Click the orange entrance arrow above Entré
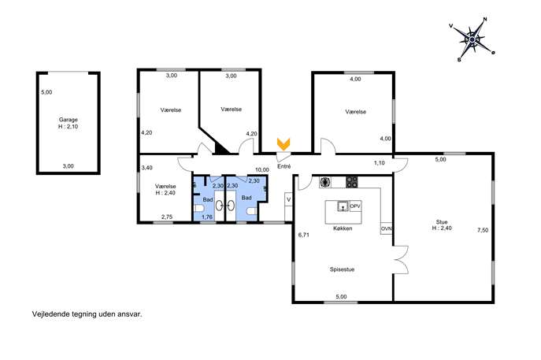(283, 144)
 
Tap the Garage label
(68, 120)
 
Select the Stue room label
(442, 222)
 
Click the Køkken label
(343, 228)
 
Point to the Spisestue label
(342, 269)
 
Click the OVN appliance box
(386, 228)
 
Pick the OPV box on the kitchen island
(355, 206)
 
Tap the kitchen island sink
(343, 206)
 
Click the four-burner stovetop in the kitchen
(352, 182)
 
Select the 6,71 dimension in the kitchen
(304, 235)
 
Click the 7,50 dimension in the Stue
(483, 230)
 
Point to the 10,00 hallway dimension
(262, 170)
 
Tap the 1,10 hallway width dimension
(380, 163)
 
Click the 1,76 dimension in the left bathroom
(207, 217)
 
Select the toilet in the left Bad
(198, 208)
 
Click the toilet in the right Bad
(252, 211)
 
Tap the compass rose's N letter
(485, 20)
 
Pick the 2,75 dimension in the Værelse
(167, 217)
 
